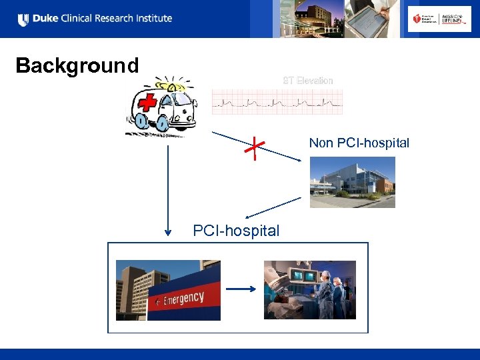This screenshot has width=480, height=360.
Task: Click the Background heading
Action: click(x=77, y=65)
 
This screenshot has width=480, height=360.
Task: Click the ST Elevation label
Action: click(x=307, y=81)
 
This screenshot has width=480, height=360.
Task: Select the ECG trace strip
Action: click(x=277, y=102)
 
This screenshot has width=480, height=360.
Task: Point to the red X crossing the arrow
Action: click(x=254, y=149)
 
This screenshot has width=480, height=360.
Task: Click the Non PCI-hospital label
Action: click(x=359, y=143)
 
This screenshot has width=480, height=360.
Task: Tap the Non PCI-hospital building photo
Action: click(x=352, y=182)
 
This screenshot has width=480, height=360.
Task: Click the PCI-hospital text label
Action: click(x=236, y=231)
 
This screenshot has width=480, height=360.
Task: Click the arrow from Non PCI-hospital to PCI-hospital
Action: click(x=273, y=208)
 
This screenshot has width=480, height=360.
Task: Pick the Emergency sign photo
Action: click(x=168, y=290)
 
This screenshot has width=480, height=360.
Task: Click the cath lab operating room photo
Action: click(x=310, y=290)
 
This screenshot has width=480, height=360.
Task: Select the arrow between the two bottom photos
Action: click(x=241, y=289)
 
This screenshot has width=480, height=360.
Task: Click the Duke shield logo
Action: click(x=23, y=20)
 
